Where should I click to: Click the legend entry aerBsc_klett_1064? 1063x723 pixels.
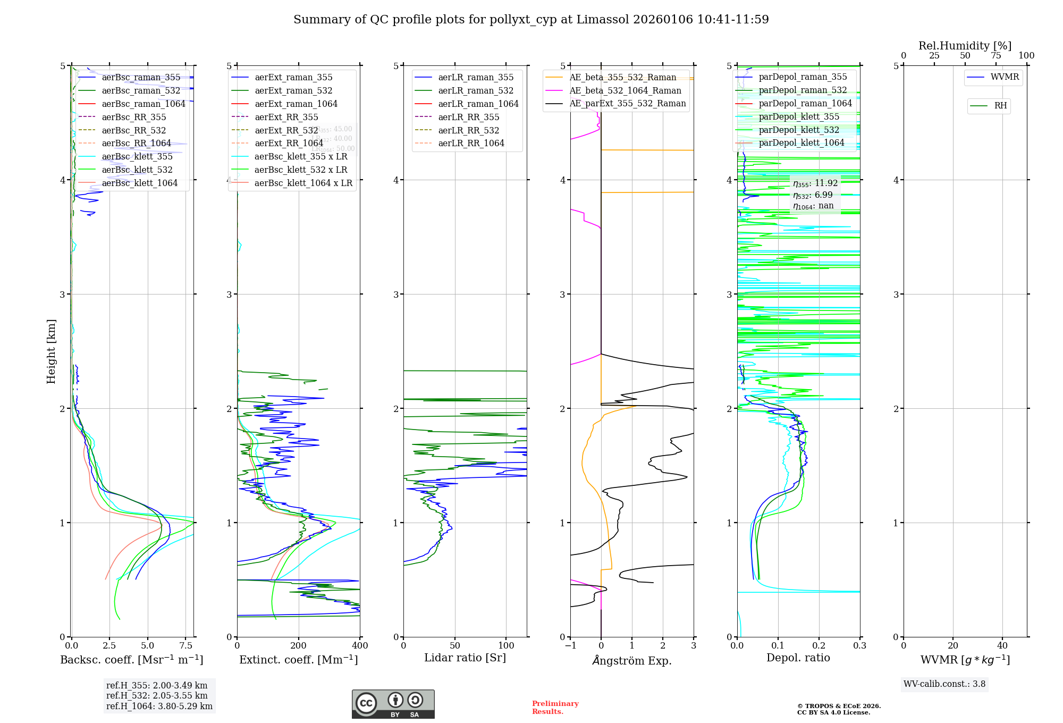pos(139,183)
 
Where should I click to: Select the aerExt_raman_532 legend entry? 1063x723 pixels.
pos(293,90)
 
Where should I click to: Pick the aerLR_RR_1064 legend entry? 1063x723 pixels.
pos(471,143)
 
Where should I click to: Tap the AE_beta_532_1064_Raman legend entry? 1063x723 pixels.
pos(625,90)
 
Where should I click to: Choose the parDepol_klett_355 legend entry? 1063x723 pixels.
pos(799,116)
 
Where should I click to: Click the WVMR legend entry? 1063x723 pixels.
pos(1005,77)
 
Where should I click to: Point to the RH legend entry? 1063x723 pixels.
pos(1000,106)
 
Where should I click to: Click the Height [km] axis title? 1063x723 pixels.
pos(51,351)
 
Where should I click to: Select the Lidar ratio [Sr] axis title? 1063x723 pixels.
pos(465,658)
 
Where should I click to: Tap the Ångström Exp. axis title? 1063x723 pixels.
pos(632,660)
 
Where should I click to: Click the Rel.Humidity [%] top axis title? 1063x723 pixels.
pos(965,46)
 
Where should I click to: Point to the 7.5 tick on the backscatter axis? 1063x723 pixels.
pos(185,646)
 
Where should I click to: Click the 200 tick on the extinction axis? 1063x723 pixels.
pos(299,646)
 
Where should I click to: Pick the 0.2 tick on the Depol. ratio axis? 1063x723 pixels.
pos(819,646)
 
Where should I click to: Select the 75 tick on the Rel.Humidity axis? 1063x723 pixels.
pos(996,56)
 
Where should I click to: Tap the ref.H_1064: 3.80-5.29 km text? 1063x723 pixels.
pos(159,706)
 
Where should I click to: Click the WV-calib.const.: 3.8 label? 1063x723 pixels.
pos(944,684)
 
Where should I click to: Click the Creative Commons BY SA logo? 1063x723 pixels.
pos(393,704)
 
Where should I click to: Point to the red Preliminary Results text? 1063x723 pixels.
pos(555,707)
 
